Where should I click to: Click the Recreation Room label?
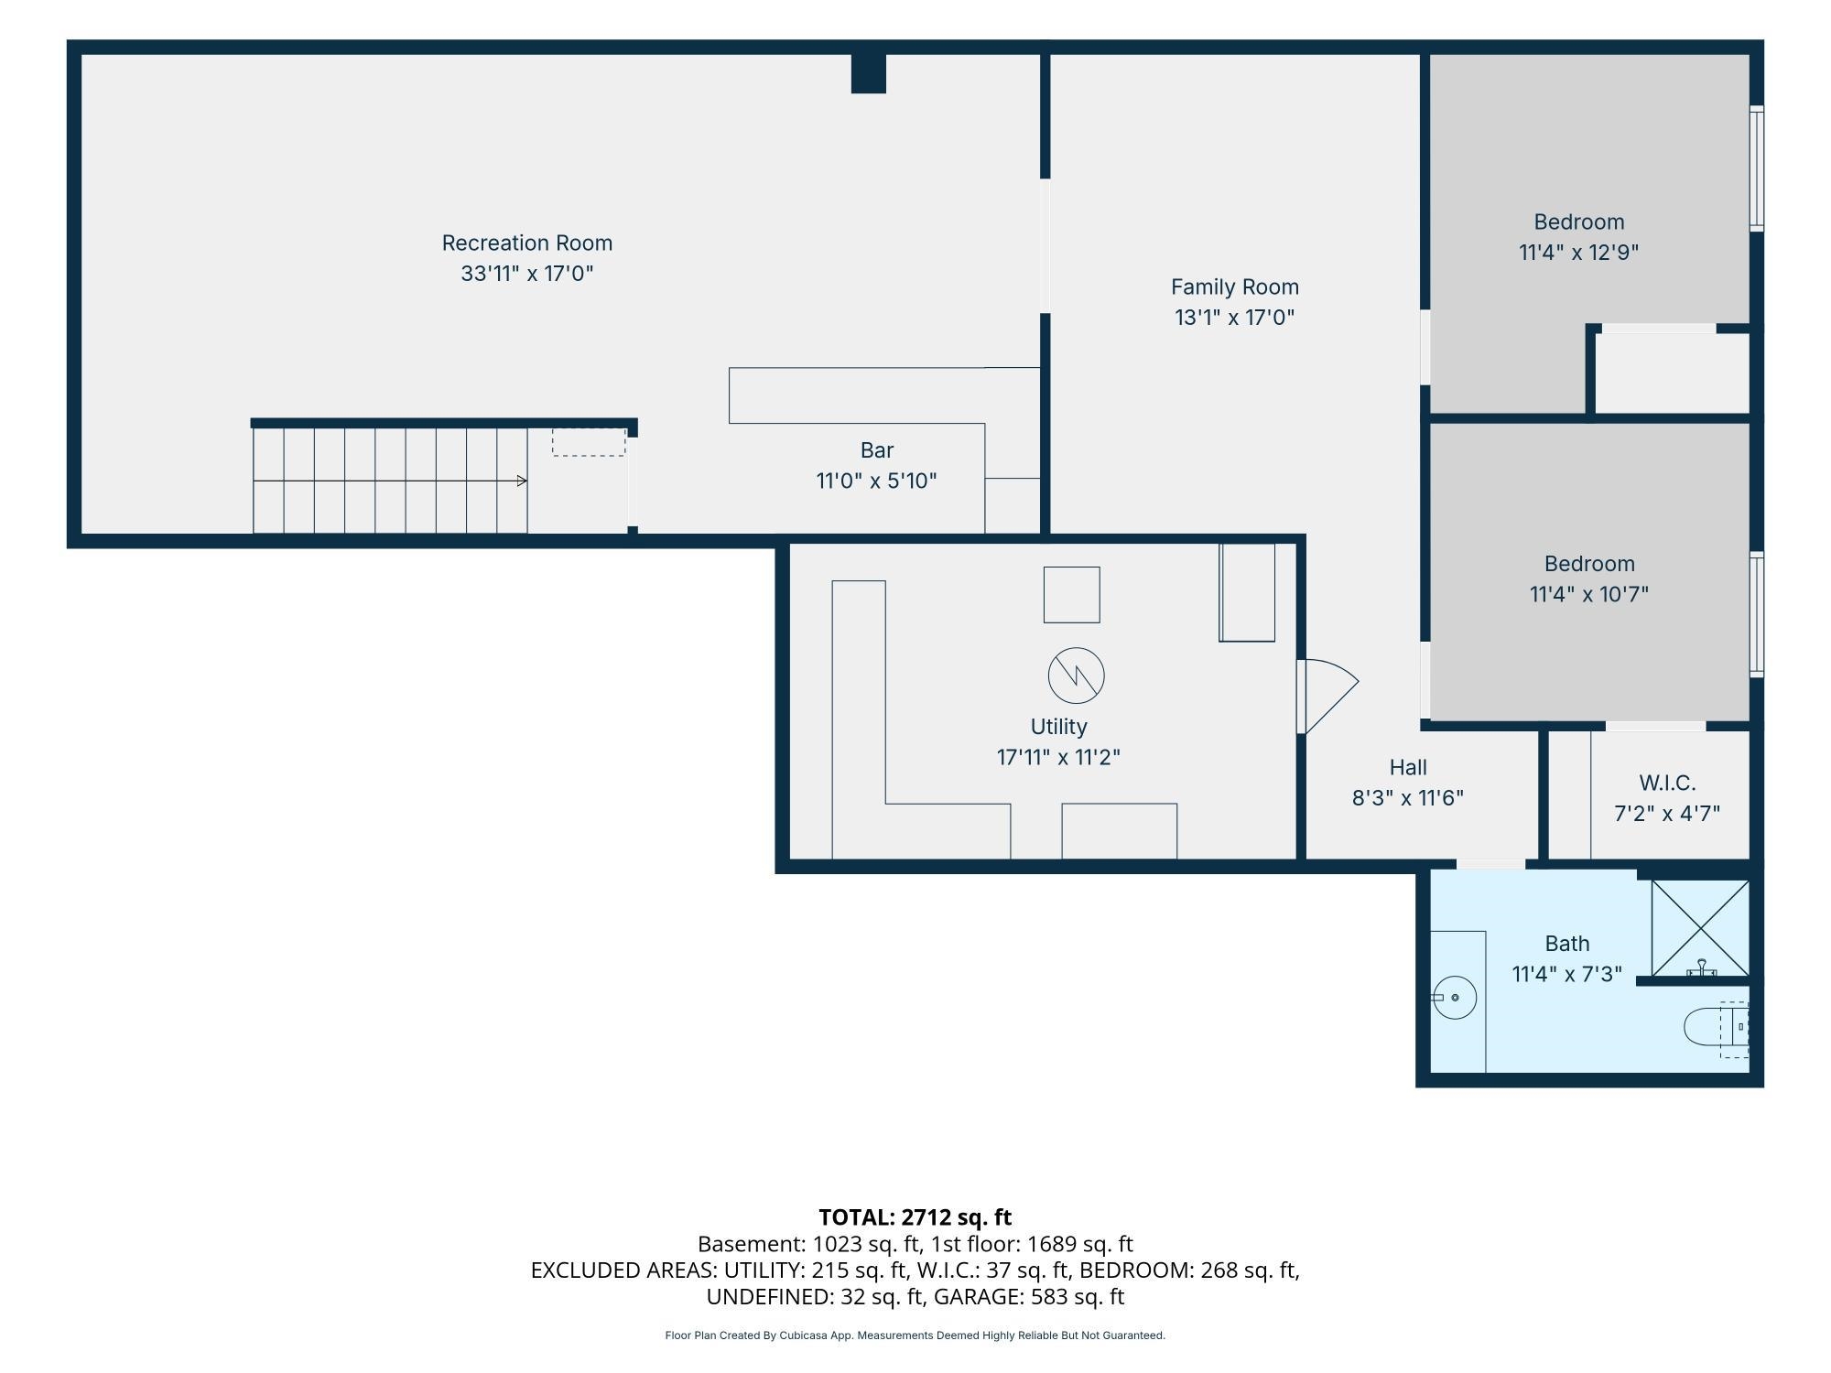[x=526, y=243]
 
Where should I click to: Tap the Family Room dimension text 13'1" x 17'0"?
[x=1234, y=318]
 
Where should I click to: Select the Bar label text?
[x=876, y=450]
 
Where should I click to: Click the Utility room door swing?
[x=1332, y=696]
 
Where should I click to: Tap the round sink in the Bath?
[x=1455, y=997]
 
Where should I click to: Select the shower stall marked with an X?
[x=1700, y=928]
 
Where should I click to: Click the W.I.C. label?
[x=1667, y=784]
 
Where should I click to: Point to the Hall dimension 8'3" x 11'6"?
[x=1408, y=798]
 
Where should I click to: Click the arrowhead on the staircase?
[x=522, y=481]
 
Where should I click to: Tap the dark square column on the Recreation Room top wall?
[x=869, y=73]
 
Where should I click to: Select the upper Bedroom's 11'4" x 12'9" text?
[x=1578, y=253]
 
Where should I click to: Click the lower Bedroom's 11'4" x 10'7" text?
[x=1588, y=594]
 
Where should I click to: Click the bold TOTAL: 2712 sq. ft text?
[x=915, y=1217]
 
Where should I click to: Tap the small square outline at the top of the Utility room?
[x=1072, y=595]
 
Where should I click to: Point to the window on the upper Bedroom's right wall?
[x=1757, y=168]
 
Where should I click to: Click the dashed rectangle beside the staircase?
[x=589, y=442]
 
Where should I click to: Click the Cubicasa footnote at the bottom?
[x=915, y=1335]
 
